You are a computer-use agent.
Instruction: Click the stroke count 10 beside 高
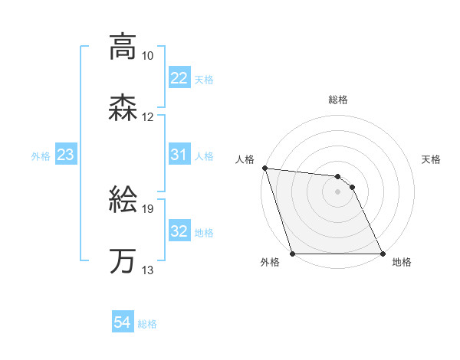148,56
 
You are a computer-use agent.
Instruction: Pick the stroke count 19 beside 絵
148,208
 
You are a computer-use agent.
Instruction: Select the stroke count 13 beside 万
148,270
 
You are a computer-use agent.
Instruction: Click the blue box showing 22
179,78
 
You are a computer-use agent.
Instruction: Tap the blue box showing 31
179,155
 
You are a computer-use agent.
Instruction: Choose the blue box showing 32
179,231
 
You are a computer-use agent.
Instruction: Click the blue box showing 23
65,155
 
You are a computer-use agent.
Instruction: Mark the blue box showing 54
123,322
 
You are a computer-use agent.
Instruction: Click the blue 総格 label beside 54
147,324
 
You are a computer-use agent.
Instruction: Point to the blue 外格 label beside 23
41,156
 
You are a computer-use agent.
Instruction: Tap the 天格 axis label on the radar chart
432,159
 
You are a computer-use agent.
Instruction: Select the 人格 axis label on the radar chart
245,159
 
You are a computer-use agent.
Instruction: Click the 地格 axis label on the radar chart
402,263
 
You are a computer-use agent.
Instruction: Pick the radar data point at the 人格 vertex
264,169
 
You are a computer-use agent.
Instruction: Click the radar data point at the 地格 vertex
382,254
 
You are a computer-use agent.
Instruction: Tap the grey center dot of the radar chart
337,191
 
